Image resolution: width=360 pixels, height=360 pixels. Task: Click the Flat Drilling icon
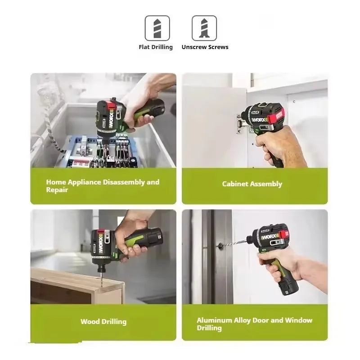click(157, 28)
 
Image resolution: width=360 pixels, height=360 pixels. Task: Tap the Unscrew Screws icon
click(204, 28)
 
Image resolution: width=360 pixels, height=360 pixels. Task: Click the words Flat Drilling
click(156, 47)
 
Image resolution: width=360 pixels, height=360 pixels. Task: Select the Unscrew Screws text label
click(205, 47)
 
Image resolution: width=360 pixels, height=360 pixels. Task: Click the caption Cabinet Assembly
click(252, 184)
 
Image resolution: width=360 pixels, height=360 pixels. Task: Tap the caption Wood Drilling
click(103, 321)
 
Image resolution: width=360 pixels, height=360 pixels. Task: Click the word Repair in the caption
click(57, 190)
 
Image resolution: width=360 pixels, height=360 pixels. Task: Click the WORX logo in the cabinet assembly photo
click(261, 120)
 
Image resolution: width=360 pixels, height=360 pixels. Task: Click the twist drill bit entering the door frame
click(232, 243)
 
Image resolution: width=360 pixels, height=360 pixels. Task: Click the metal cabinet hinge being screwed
click(240, 123)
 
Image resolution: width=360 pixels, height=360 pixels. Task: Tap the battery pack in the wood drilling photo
click(152, 239)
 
